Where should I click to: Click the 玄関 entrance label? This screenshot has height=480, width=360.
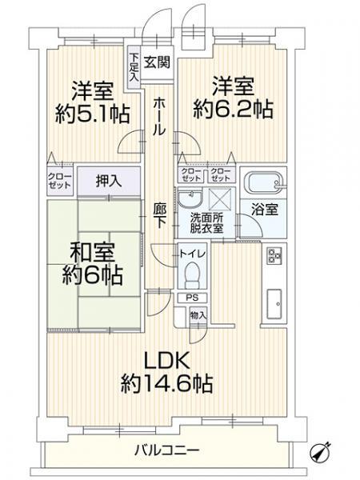[157, 62]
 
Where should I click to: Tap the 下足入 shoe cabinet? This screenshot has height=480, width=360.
[134, 68]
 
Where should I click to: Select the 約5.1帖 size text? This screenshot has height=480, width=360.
[93, 114]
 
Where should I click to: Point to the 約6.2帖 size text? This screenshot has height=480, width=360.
[233, 110]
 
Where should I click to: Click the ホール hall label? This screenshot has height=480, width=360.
[159, 116]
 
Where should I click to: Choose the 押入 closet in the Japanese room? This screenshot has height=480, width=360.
[109, 182]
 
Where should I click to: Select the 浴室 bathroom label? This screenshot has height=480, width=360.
[265, 210]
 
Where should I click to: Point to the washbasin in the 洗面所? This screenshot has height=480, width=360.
[190, 198]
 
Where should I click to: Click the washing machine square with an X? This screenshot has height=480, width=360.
[222, 199]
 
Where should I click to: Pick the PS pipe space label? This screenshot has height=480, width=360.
[192, 298]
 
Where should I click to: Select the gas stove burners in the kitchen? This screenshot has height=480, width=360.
[274, 256]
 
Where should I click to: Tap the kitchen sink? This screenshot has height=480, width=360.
[274, 304]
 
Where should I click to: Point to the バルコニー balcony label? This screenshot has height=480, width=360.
[167, 450]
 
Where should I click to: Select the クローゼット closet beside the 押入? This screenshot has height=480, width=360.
[60, 181]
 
